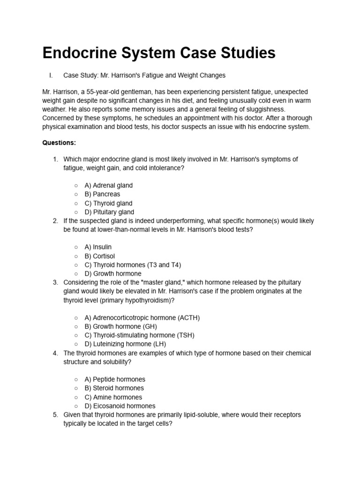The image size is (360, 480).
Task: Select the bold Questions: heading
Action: [59, 142]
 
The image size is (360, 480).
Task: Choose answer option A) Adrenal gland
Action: [108, 185]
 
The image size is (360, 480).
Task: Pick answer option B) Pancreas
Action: [102, 194]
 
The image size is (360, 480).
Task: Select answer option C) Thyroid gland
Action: [108, 203]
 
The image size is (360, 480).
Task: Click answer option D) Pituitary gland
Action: [109, 212]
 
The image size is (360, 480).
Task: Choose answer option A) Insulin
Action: [98, 247]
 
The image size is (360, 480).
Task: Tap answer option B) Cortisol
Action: [99, 256]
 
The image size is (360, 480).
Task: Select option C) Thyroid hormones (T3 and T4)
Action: [132, 265]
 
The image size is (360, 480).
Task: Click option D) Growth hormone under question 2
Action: [112, 274]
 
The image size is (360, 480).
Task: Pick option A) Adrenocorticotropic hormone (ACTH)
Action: [142, 318]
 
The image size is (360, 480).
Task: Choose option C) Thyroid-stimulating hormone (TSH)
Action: [139, 335]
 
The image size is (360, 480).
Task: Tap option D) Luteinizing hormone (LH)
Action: [125, 344]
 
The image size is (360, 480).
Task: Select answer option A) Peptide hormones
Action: [115, 379]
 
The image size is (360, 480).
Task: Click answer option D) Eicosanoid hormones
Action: [120, 406]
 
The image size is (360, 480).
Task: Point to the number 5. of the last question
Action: [55, 415]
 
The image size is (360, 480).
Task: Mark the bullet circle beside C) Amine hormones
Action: [76, 397]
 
